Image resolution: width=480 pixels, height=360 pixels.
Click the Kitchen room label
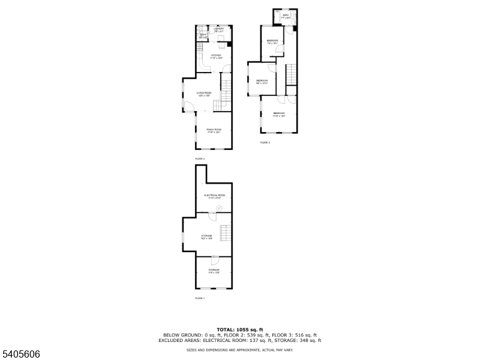click(216, 56)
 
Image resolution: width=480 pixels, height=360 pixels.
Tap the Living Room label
click(204, 93)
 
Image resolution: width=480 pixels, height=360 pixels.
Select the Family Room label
click(214, 130)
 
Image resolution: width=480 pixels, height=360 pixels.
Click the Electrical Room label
click(214, 196)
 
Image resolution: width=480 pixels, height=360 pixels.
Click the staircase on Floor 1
click(226, 232)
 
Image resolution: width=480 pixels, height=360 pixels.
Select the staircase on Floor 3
click(291, 74)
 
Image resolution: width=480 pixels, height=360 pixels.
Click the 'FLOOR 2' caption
click(199, 159)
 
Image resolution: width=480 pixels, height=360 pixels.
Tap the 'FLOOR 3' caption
click(265, 143)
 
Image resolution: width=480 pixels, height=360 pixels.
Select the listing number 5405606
click(21, 355)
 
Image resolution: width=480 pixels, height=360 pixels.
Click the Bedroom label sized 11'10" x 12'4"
click(279, 114)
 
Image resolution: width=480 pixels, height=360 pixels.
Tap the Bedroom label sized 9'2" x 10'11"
click(262, 82)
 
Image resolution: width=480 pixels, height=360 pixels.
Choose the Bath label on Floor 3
click(286, 16)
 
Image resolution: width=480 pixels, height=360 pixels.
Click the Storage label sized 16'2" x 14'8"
click(207, 236)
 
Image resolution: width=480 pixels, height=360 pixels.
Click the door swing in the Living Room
click(188, 107)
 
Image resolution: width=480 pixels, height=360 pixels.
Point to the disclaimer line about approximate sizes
click(240, 349)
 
